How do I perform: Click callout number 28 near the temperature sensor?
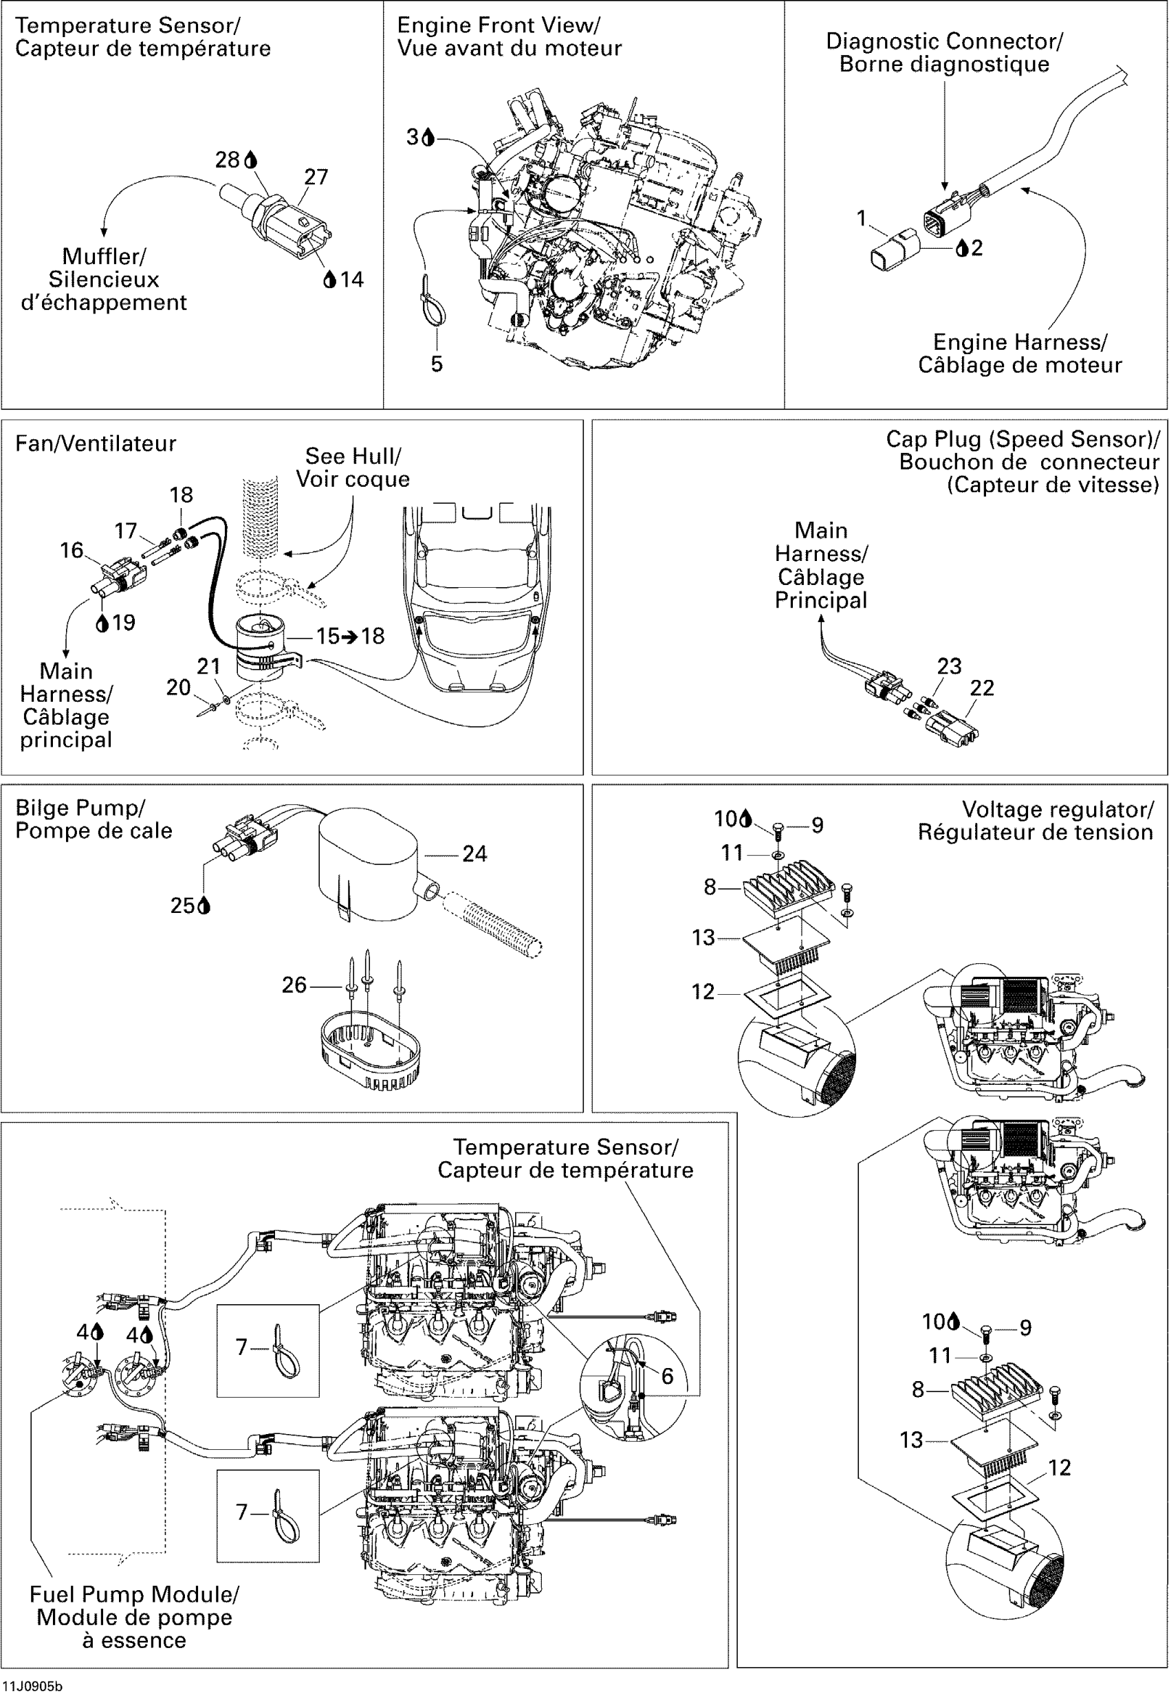click(x=227, y=159)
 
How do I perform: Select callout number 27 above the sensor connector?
click(x=316, y=177)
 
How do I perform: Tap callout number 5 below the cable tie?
click(x=437, y=364)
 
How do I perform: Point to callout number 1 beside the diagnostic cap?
click(x=862, y=218)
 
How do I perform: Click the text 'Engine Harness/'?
click(x=1020, y=342)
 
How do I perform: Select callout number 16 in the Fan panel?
click(x=72, y=550)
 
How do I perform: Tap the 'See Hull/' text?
click(x=353, y=456)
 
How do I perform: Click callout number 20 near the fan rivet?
click(x=178, y=687)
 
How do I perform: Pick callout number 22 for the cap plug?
click(x=982, y=687)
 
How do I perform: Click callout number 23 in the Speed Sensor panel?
click(x=949, y=665)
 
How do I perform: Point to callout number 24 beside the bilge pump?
click(x=474, y=853)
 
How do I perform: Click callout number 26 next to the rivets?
click(x=294, y=984)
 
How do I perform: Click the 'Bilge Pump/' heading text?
click(x=80, y=808)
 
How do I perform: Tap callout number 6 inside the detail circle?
click(x=667, y=1376)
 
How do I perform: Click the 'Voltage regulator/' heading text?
click(x=1058, y=809)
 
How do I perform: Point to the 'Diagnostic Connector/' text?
click(x=944, y=41)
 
